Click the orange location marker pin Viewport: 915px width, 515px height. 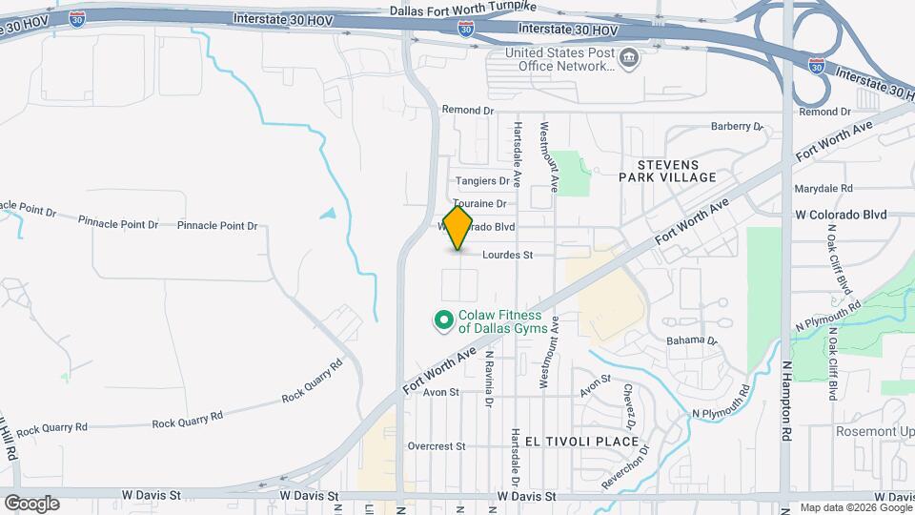tap(458, 228)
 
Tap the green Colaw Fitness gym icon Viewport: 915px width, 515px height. tap(443, 320)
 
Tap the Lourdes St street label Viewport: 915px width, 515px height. tap(519, 255)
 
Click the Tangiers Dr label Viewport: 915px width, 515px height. tap(482, 180)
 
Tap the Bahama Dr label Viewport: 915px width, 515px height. tap(691, 340)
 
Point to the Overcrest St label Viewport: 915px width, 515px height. tap(436, 445)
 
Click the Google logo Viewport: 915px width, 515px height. tap(31, 503)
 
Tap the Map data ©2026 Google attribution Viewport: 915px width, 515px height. tap(856, 507)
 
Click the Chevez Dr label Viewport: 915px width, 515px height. tap(630, 405)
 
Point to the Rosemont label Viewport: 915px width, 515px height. tap(872, 431)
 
